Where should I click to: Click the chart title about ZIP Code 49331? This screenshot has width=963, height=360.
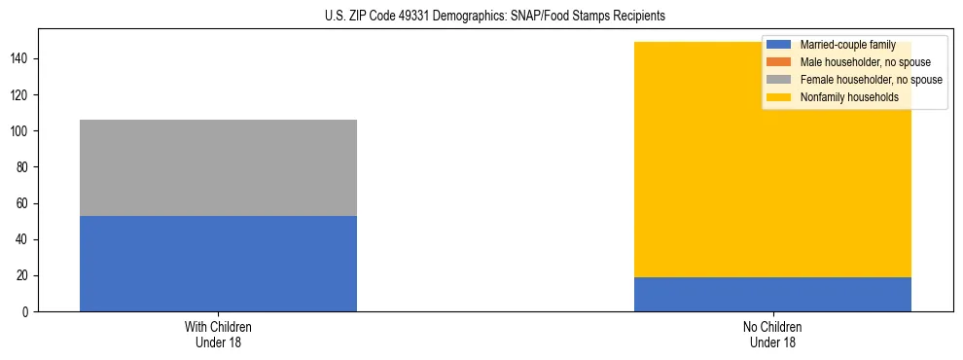click(495, 17)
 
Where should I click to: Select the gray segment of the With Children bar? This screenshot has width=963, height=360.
click(218, 167)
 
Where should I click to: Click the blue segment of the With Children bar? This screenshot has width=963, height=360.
click(218, 264)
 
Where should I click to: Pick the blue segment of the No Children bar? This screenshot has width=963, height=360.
click(772, 294)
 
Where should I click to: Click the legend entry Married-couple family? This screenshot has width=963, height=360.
click(847, 45)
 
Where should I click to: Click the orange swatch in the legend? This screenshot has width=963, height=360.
click(779, 62)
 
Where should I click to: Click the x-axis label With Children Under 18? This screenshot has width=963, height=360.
click(218, 335)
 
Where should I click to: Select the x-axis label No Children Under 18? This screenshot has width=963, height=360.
click(772, 335)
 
